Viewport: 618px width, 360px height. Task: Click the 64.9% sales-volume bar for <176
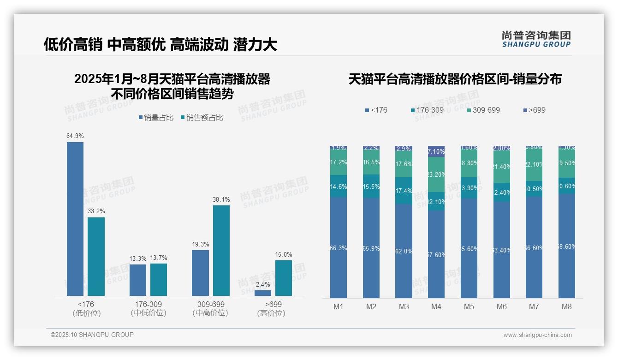(75, 219)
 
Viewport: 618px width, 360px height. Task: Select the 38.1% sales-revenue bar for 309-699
(221, 251)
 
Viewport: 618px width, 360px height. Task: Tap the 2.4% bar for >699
(263, 293)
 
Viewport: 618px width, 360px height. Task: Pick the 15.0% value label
(284, 255)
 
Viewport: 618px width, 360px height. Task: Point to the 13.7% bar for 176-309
(159, 279)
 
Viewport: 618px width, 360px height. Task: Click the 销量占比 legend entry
(156, 118)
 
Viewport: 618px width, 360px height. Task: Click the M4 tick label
(436, 306)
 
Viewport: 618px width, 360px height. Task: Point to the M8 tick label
(567, 306)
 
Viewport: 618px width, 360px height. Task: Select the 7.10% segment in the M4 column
(436, 151)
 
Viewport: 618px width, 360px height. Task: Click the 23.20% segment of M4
(436, 174)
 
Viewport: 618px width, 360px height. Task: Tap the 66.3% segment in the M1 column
(339, 248)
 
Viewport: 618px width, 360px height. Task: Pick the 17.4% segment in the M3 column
(404, 191)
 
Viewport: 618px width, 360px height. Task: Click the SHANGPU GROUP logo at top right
(536, 39)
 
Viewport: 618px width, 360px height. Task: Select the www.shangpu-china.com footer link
(537, 335)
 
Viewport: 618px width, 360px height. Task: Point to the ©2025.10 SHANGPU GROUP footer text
(92, 335)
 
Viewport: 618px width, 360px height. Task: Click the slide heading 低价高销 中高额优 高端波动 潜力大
(160, 45)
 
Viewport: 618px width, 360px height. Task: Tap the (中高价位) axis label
(210, 313)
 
